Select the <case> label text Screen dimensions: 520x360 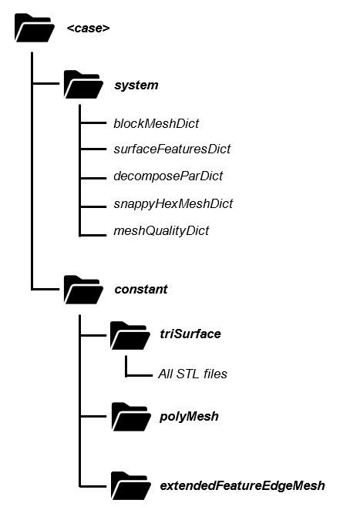pos(88,29)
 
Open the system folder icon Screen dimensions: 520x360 pos(82,85)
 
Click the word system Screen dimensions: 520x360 pos(136,85)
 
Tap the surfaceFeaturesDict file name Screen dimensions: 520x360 pos(171,149)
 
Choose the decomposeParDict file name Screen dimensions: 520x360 pos(167,176)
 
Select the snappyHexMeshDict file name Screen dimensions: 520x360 pos(173,203)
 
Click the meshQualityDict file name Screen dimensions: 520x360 pos(160,230)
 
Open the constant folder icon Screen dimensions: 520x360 pos(82,290)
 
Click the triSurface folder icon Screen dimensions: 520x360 pos(130,335)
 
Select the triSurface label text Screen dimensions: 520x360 pos(190,334)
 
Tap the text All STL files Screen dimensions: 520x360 pos(193,374)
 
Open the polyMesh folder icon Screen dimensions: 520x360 pos(130,417)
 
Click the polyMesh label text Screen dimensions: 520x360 pos(189,417)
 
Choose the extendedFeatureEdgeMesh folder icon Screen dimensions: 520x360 pos(130,486)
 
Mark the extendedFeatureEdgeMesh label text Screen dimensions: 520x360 pos(241,486)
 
